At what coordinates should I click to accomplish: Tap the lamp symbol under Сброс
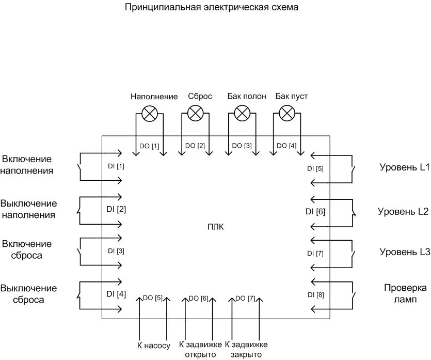pos(195,113)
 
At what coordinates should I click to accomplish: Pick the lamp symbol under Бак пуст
pos(286,113)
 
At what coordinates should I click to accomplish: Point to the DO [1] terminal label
pos(149,146)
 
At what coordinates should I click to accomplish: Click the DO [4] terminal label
pos(286,146)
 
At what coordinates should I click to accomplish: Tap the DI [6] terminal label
pos(315,211)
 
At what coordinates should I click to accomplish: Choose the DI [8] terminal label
pos(315,295)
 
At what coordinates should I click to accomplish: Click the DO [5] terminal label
pos(153,298)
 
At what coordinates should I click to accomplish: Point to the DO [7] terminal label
pos(245,298)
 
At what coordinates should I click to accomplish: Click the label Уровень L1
pos(405,167)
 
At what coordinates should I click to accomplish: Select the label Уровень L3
pos(405,252)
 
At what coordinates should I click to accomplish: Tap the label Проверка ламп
pos(405,293)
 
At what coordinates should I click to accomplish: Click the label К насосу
pos(153,345)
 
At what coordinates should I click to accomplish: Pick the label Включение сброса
pos(27,249)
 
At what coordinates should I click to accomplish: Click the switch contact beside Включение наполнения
pos(79,167)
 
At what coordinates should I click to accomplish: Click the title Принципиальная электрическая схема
pos(212,8)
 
